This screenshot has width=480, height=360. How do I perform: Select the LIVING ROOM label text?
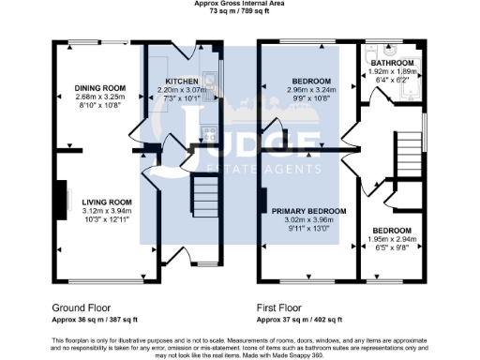pyautogui.click(x=106, y=202)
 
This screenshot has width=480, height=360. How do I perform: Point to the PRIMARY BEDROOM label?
pyautogui.click(x=309, y=212)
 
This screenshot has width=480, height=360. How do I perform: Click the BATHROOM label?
pyautogui.click(x=394, y=63)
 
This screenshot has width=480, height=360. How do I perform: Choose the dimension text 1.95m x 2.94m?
pyautogui.click(x=391, y=239)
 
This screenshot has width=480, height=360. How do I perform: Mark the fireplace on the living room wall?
pyautogui.click(x=65, y=200)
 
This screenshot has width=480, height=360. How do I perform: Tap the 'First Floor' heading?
pyautogui.click(x=280, y=307)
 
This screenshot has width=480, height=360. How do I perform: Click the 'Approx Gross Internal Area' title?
pyautogui.click(x=239, y=4)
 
